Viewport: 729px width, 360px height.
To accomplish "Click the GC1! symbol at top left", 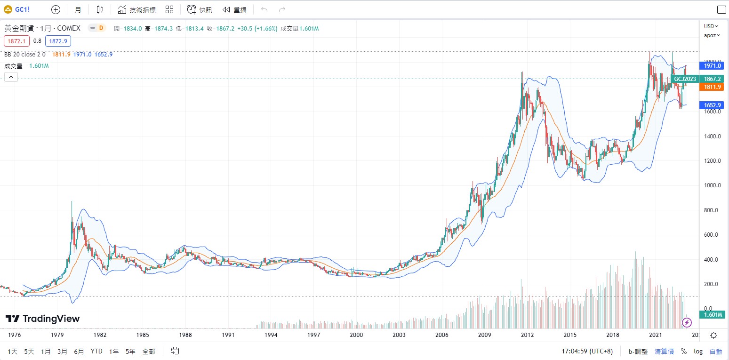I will [23, 9].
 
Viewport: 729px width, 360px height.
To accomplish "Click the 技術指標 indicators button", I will [136, 9].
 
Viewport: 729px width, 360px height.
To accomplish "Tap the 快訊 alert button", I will [200, 9].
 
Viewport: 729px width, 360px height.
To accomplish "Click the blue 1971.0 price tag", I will [712, 66].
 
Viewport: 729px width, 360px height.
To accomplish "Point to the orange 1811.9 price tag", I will [712, 87].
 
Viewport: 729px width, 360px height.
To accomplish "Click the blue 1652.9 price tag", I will [712, 105].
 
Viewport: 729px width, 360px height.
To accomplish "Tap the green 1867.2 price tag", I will [712, 79].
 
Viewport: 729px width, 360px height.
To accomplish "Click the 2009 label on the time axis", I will [485, 335].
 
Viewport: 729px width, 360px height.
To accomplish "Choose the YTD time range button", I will [96, 351].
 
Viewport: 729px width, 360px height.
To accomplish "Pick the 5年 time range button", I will [130, 351].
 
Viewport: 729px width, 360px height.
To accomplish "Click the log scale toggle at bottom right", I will [698, 351].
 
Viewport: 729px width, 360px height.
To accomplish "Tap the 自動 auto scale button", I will [715, 351].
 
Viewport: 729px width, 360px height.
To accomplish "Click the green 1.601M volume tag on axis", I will [712, 314].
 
